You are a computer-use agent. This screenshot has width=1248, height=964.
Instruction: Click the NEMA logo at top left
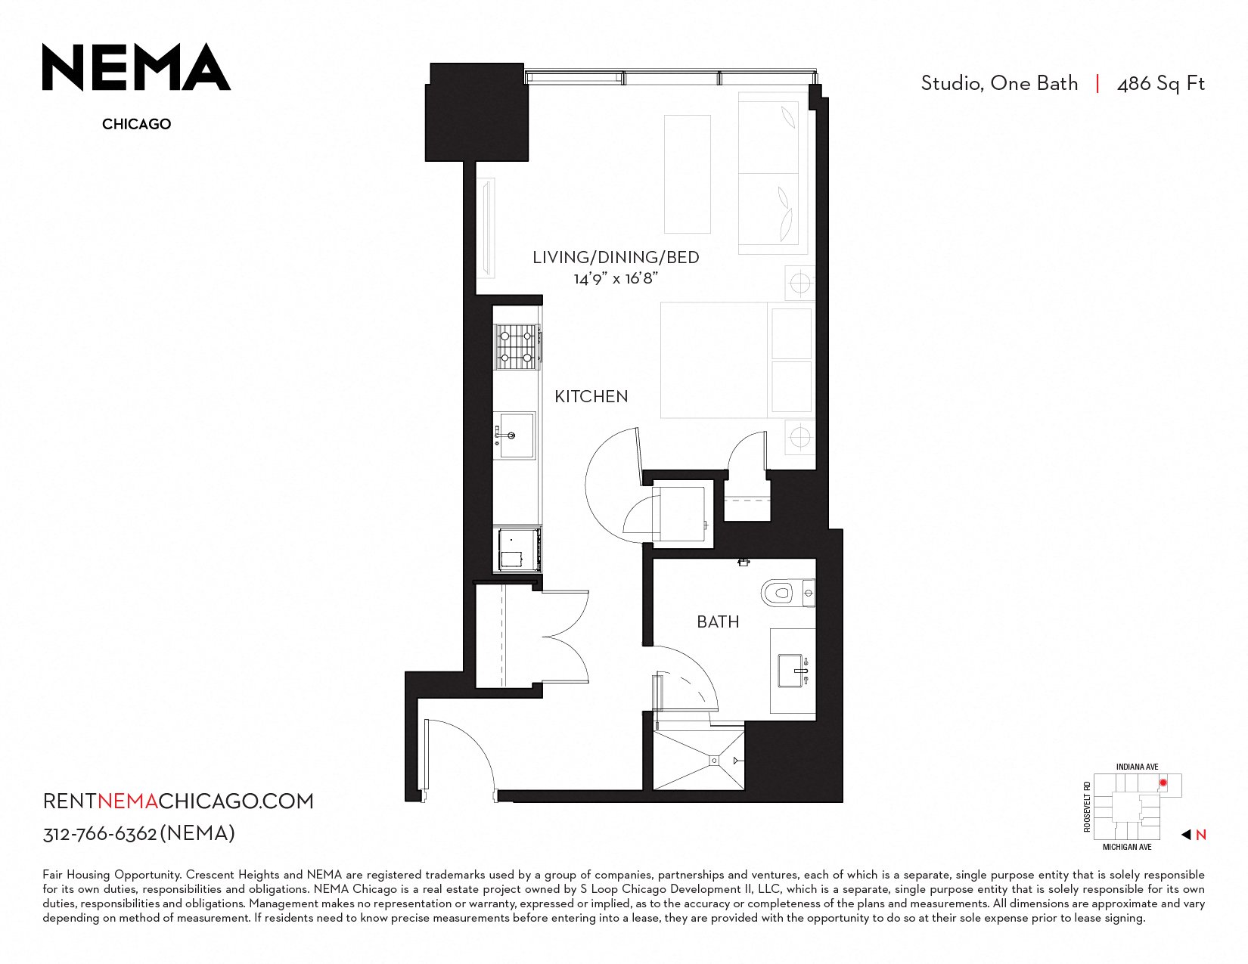(136, 67)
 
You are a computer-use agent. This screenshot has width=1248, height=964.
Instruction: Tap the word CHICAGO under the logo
(137, 124)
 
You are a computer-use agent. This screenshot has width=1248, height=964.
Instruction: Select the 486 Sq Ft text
(1161, 84)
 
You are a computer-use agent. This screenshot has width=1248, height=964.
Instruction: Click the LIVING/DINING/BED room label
(616, 257)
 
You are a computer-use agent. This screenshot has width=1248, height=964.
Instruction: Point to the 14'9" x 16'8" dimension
(616, 279)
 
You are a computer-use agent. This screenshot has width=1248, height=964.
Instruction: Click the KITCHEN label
(591, 397)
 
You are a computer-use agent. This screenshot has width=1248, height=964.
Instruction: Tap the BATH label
(718, 621)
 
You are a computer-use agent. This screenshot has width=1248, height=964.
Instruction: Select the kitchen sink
(515, 436)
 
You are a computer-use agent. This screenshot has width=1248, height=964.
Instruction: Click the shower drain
(714, 760)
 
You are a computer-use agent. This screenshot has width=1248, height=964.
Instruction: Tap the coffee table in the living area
(688, 175)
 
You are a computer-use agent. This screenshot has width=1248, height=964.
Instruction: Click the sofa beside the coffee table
(773, 172)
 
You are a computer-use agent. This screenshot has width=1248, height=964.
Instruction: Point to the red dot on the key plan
(1163, 783)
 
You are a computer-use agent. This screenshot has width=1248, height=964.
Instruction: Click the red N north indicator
(1200, 835)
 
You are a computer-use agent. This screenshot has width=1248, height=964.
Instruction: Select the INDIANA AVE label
(1137, 767)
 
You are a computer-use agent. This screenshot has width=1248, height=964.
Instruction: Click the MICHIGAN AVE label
(1127, 847)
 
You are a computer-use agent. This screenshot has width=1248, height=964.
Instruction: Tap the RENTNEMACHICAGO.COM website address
(178, 801)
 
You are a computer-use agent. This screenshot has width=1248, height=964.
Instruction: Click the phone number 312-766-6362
(100, 834)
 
